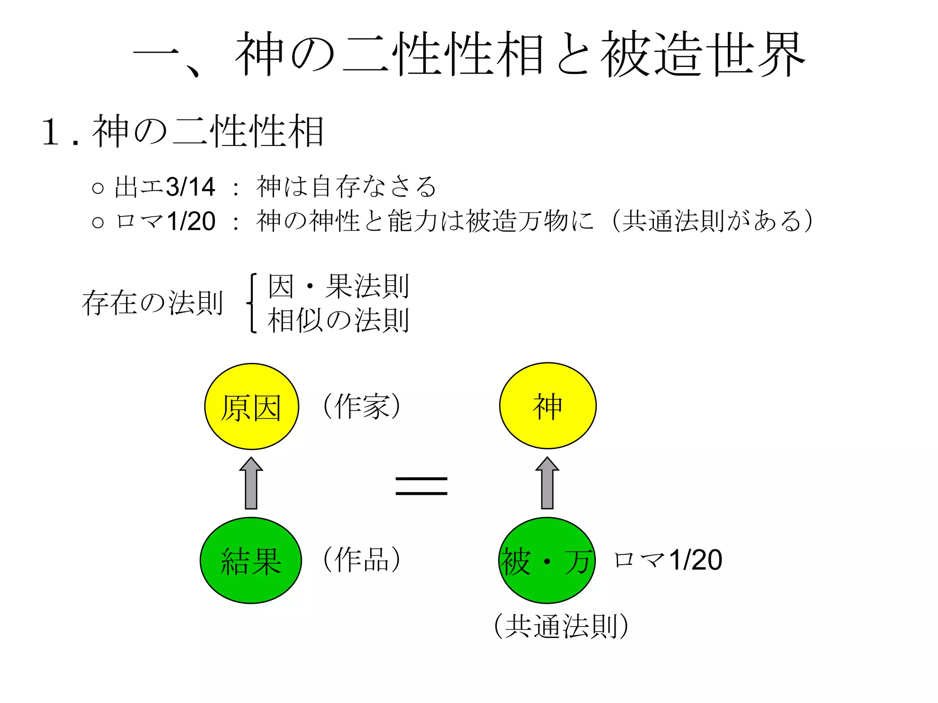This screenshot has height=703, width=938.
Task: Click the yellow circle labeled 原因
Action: tap(251, 406)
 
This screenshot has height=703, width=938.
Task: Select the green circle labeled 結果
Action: tap(251, 560)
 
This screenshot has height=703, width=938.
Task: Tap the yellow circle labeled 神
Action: tap(548, 406)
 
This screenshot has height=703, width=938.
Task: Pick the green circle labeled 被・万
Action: tap(547, 560)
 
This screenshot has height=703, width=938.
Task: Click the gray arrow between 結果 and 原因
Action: tap(251, 483)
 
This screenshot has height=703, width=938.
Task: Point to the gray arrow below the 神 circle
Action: tap(547, 483)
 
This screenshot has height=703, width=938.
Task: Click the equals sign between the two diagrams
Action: tap(421, 486)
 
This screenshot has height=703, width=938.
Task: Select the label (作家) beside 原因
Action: tap(362, 406)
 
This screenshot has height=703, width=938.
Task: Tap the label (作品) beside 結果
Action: tap(362, 559)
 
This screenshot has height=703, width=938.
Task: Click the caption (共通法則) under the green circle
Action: tap(562, 626)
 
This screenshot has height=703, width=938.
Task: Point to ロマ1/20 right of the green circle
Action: tap(668, 560)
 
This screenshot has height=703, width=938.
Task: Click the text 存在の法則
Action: tap(153, 303)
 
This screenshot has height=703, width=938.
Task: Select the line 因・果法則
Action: tap(338, 286)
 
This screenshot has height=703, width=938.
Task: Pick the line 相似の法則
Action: tap(338, 320)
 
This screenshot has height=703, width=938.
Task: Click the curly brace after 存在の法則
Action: tap(251, 303)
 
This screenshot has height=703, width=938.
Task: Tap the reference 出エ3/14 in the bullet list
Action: tap(165, 187)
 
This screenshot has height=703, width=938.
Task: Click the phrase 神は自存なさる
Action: tap(346, 187)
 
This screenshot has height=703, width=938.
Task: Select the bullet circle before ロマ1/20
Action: tap(98, 222)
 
